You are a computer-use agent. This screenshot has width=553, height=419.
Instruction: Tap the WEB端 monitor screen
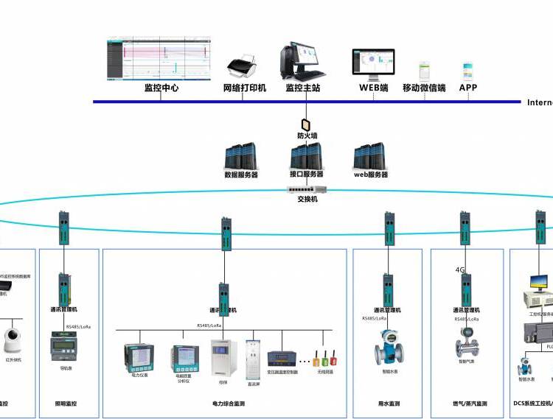click(373, 63)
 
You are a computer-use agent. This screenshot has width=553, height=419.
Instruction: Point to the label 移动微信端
click(424, 88)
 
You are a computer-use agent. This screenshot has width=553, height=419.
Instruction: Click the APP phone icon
click(468, 71)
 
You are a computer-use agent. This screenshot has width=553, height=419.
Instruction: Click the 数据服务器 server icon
click(241, 157)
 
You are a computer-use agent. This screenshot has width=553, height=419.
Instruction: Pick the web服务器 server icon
click(370, 157)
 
